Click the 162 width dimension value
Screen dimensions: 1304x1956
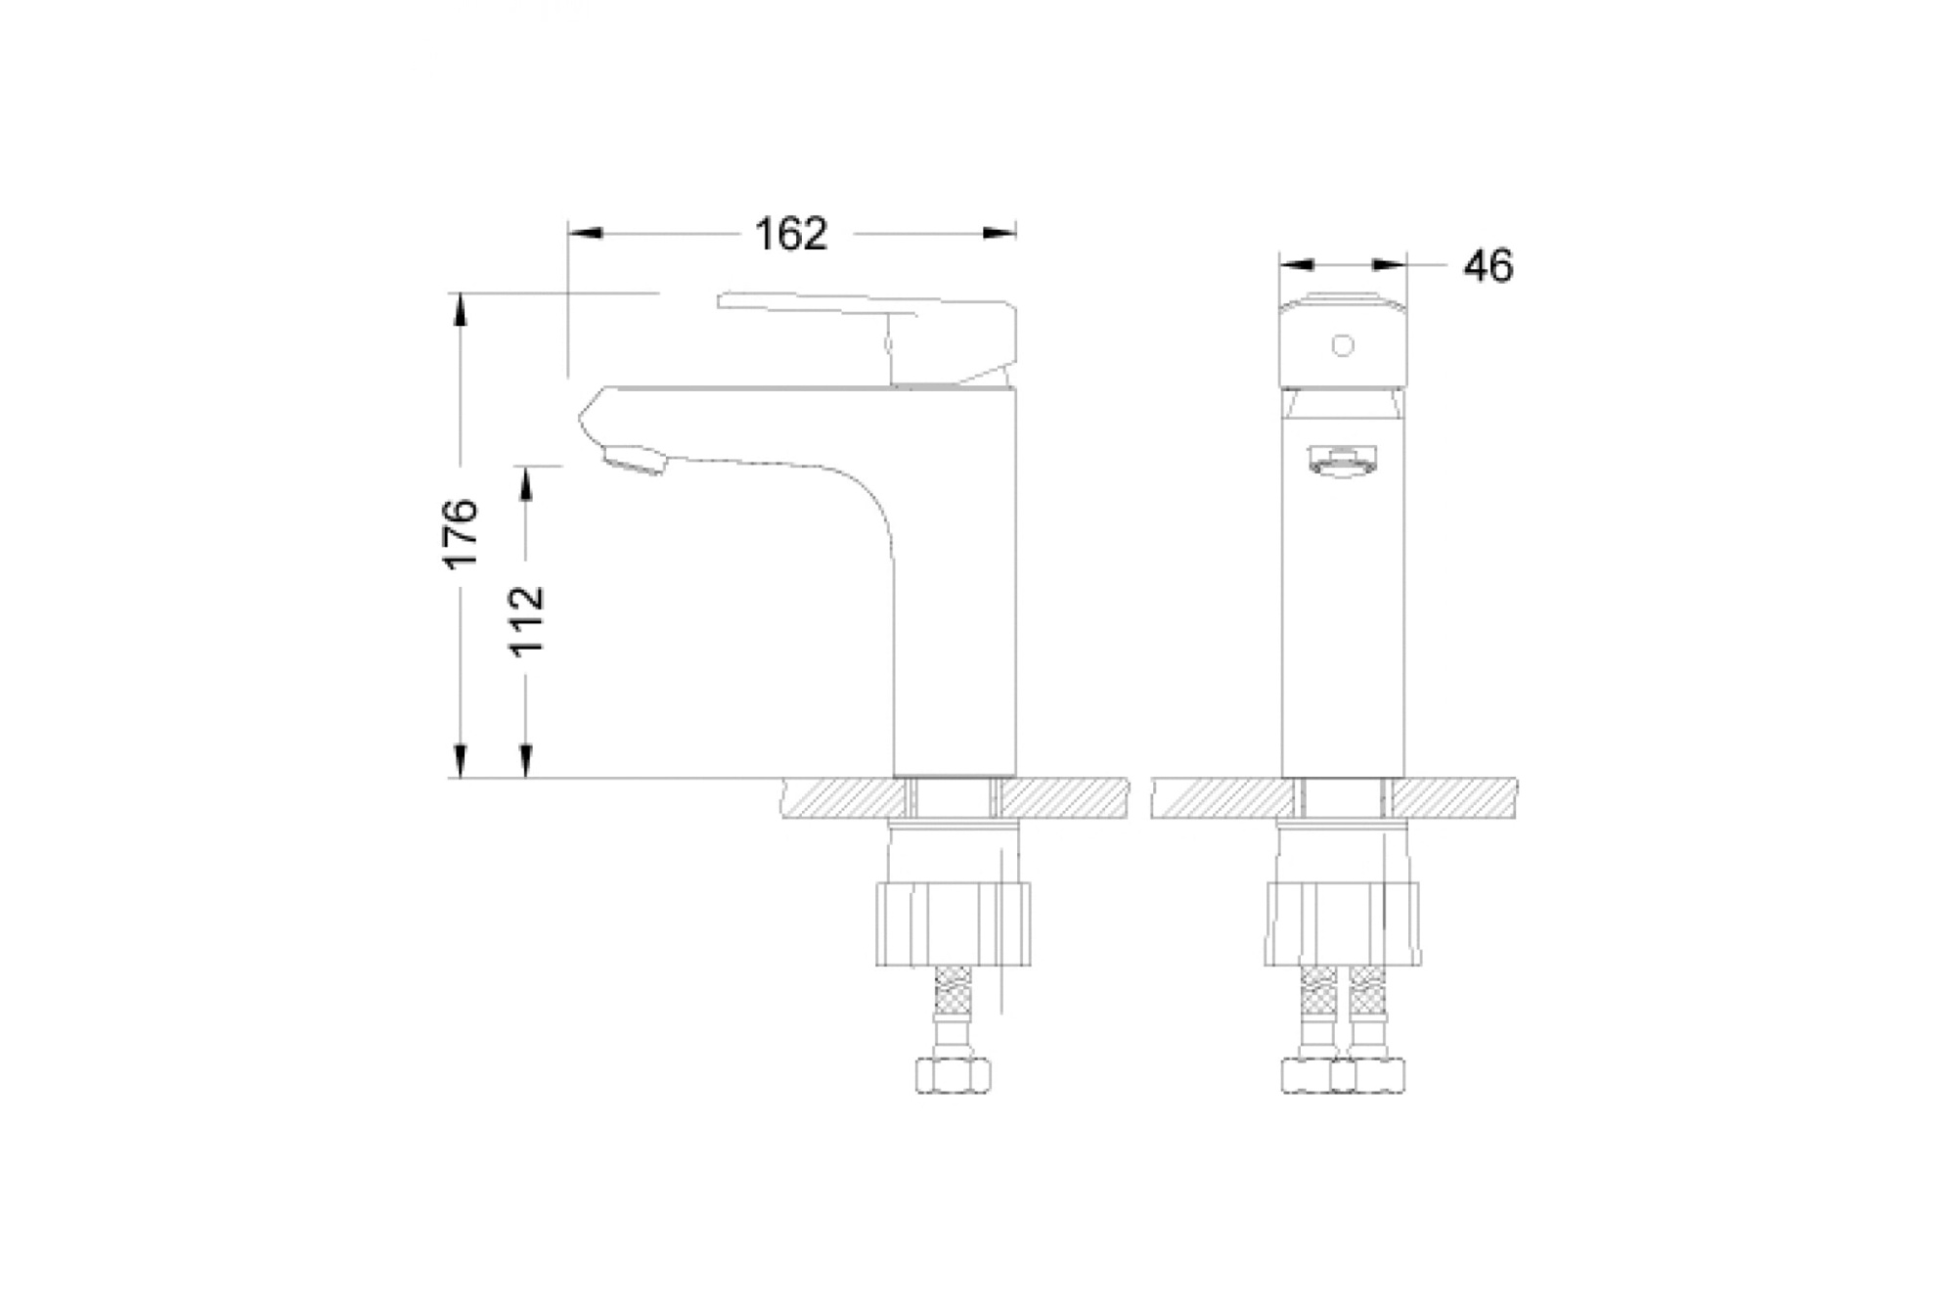(791, 234)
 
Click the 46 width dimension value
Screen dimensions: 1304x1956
(1488, 266)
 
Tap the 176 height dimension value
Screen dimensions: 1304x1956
(461, 533)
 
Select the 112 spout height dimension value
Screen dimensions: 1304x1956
(526, 621)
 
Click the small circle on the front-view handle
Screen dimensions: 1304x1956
(1343, 345)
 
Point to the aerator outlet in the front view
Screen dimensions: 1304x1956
(1343, 462)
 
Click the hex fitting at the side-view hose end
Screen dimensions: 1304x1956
(953, 1075)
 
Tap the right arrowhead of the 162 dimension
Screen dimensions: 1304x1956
(1000, 234)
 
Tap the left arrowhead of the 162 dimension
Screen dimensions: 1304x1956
(584, 234)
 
